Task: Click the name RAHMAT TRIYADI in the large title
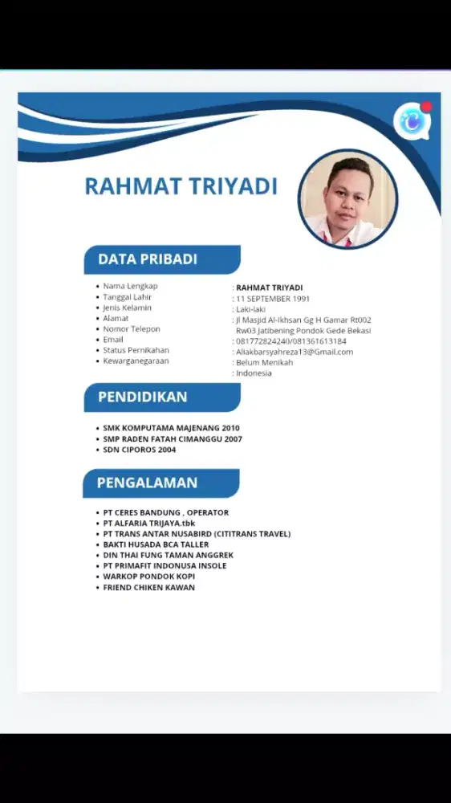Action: click(x=181, y=186)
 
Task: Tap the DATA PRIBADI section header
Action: click(x=148, y=259)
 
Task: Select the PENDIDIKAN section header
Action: click(x=143, y=397)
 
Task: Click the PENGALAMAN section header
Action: click(x=147, y=483)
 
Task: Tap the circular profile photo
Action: click(x=348, y=198)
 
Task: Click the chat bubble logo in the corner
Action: click(x=412, y=121)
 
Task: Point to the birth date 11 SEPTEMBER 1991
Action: click(x=273, y=299)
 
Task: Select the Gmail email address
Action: click(x=295, y=352)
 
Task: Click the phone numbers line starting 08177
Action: click(x=291, y=341)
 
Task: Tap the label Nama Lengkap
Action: click(x=130, y=286)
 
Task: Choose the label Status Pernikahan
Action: click(x=136, y=350)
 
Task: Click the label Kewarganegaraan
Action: click(x=136, y=361)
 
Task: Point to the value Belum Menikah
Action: click(x=264, y=362)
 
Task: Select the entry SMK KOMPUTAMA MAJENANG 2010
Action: click(x=171, y=428)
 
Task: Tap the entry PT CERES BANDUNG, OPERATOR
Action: click(x=165, y=512)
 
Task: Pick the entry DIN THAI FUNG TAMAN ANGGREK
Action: click(x=168, y=555)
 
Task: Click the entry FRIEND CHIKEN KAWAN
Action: click(x=148, y=587)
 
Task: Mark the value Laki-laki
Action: click(x=250, y=309)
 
